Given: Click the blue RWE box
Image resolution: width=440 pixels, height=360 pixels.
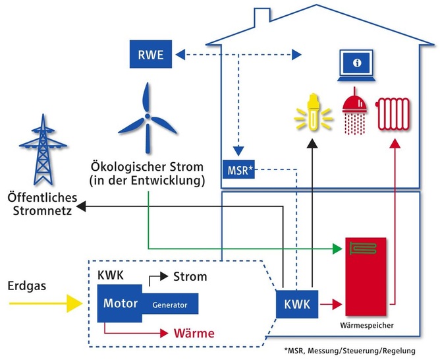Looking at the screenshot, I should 151,53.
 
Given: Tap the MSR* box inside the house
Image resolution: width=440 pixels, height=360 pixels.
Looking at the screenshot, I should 238,171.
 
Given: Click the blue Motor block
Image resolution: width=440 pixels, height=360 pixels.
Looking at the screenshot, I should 120,304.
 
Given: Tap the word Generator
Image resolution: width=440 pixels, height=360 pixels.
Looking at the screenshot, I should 170,305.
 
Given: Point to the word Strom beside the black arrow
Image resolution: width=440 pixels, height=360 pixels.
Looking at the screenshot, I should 189,276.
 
